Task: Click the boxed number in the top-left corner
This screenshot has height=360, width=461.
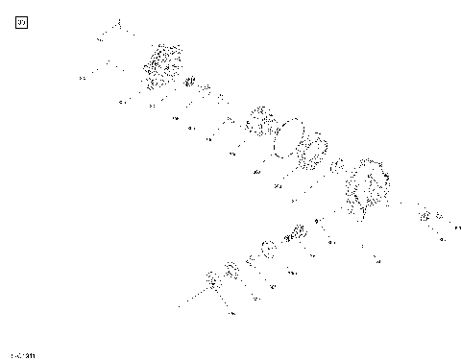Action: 23,22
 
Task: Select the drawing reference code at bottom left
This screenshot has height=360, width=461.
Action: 23,354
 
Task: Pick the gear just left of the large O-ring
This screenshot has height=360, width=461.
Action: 259,122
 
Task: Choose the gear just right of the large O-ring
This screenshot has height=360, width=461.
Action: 309,152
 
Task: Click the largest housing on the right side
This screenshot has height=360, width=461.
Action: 369,189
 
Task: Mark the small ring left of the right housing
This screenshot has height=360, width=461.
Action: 337,168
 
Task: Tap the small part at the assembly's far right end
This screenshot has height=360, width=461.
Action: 425,216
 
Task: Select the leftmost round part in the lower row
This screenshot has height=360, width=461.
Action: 213,281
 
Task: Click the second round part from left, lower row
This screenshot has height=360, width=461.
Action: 231,268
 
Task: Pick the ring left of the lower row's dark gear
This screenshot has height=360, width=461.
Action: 269,248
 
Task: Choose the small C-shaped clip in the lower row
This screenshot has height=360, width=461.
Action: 252,258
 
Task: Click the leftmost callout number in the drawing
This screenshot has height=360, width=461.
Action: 83,77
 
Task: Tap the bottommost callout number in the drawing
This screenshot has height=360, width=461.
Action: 233,314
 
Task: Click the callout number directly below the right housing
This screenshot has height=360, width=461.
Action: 376,260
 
